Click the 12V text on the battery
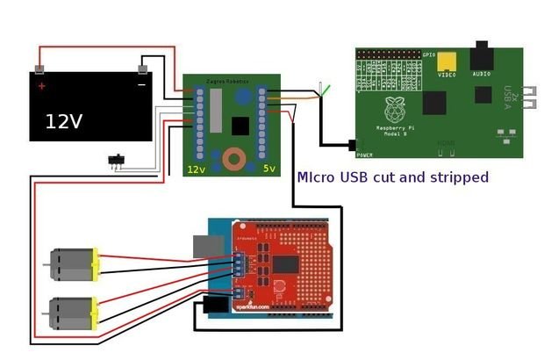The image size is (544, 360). point(64,121)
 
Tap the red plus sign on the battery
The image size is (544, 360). point(41,87)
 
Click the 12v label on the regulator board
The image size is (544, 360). point(196,168)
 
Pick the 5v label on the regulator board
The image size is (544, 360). point(269,168)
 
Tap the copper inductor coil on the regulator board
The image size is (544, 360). point(234,160)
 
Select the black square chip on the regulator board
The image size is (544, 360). point(240,126)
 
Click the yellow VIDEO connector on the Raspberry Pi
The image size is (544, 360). point(448,61)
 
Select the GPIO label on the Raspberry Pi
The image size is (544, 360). point(429,54)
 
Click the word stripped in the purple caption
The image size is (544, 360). point(453,177)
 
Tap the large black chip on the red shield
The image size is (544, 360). point(286,264)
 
